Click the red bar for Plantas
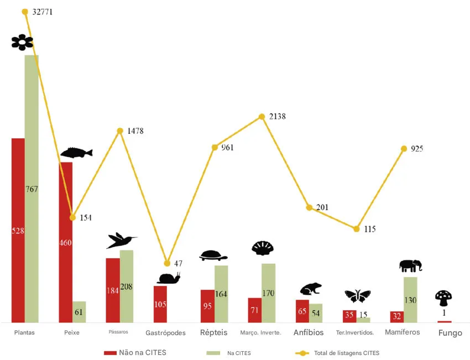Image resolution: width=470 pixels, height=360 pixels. [18, 230]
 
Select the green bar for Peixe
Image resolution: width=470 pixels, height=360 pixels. [80, 312]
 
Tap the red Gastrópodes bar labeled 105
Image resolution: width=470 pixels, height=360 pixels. [160, 304]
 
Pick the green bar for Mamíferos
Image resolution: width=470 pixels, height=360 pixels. [410, 299]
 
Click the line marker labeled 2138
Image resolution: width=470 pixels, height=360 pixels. [262, 117]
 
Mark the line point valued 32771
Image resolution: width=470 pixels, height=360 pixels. [25, 12]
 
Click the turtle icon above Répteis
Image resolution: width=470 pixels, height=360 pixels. [213, 255]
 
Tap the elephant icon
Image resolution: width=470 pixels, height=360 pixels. [410, 266]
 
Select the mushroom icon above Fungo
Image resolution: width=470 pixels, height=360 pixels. [443, 298]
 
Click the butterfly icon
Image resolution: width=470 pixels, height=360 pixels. [357, 296]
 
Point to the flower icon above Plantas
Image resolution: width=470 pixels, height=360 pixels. [22, 42]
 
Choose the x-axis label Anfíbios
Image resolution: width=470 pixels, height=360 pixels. [309, 332]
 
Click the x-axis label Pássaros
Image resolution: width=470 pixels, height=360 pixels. [118, 332]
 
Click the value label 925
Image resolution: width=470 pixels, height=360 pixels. [416, 149]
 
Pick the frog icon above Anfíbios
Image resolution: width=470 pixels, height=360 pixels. [311, 289]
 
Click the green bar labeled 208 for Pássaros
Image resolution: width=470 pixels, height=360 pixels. [127, 286]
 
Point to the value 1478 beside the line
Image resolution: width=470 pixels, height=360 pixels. [135, 131]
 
